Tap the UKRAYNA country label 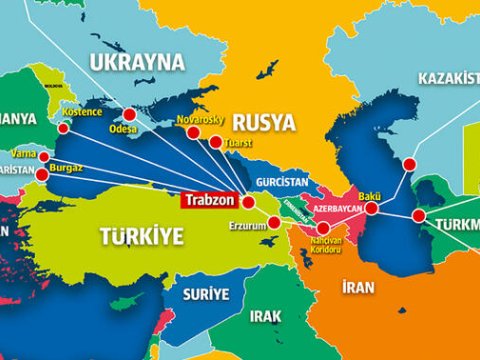pos(138,62)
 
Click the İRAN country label pos(357,287)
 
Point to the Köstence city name pos(80,127)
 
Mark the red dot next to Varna pos(43,157)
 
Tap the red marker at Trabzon pos(249,201)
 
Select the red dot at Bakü pos(372,208)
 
